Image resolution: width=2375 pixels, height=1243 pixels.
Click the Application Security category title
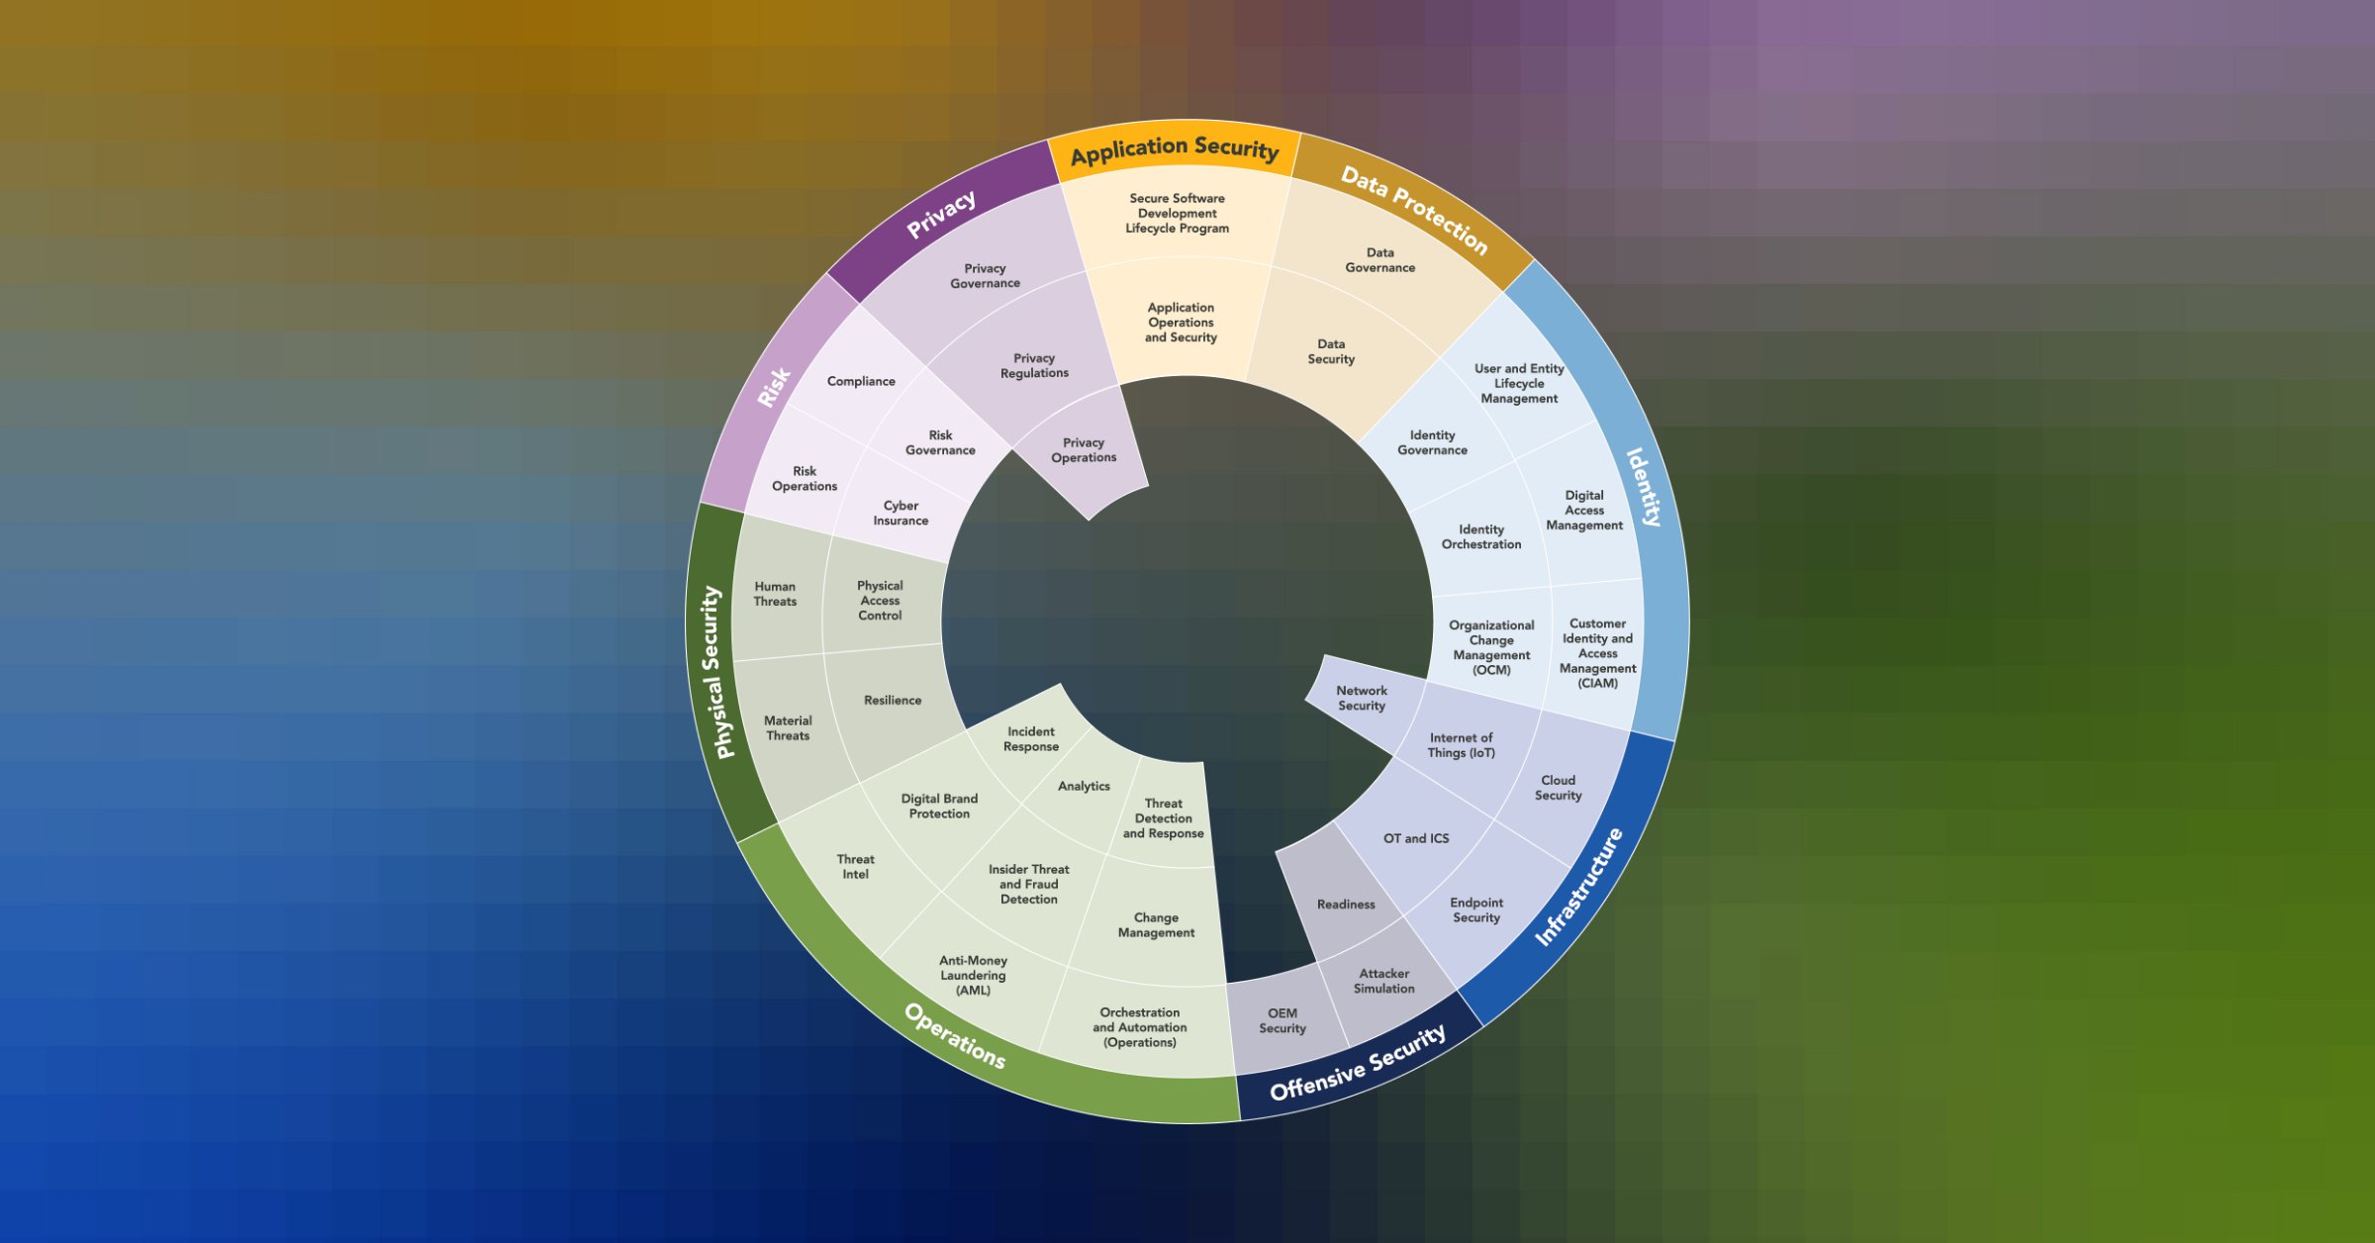[1175, 150]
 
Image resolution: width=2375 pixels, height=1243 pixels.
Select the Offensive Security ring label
[1358, 1063]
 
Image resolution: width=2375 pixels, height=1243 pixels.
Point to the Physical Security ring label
[718, 673]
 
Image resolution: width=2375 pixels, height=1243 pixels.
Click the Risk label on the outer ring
[774, 387]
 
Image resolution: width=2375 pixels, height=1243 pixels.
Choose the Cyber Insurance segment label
[901, 513]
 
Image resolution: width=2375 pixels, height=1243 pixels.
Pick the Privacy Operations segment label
[1084, 450]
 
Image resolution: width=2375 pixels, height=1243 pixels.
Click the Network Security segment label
[1362, 699]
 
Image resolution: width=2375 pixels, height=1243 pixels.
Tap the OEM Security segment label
[1282, 1020]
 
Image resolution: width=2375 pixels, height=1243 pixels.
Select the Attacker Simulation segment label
[1383, 981]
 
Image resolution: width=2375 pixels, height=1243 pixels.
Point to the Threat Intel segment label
[855, 867]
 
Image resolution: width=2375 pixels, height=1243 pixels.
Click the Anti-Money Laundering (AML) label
[973, 975]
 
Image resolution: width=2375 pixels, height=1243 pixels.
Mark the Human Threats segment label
[775, 594]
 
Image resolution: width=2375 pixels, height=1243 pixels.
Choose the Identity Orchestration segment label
[1481, 536]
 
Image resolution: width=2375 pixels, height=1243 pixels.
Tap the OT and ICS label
[1416, 838]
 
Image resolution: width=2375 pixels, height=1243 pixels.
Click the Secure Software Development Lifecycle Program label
[1177, 213]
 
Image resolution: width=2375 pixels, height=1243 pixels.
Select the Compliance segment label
[861, 381]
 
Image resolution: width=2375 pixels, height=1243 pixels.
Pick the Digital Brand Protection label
[939, 806]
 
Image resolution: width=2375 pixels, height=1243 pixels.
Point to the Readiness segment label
[1346, 905]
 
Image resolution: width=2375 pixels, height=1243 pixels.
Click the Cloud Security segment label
[1558, 788]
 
